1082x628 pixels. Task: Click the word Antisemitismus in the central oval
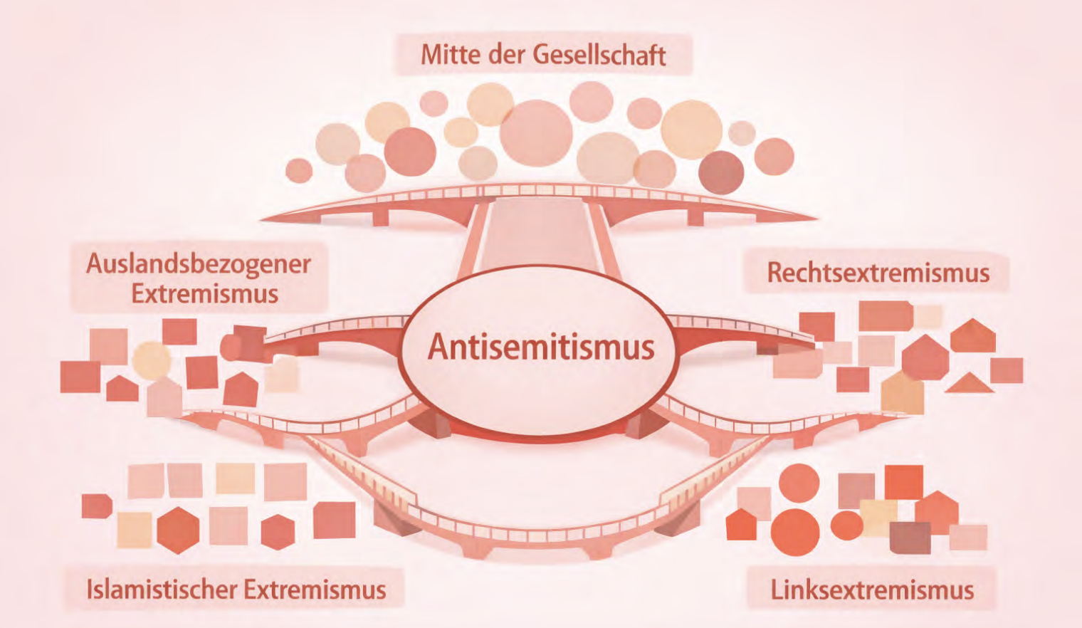tap(541, 347)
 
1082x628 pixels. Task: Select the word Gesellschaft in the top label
tap(599, 55)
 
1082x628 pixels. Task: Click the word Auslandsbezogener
tap(199, 265)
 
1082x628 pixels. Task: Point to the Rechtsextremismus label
tap(878, 272)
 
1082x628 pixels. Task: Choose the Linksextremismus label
tap(872, 590)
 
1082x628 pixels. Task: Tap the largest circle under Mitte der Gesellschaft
tap(536, 133)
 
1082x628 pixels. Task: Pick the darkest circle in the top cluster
tap(721, 172)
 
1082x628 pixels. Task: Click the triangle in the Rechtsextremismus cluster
tap(969, 382)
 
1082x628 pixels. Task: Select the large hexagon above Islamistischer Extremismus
tap(178, 530)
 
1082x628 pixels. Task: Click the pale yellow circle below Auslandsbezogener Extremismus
tap(152, 360)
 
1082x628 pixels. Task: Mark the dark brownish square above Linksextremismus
tap(910, 538)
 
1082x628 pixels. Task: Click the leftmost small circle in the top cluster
tap(299, 170)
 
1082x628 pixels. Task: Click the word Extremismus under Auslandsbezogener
tap(205, 294)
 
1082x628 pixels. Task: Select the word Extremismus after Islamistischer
tap(315, 590)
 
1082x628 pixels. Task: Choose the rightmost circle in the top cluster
tap(774, 156)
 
